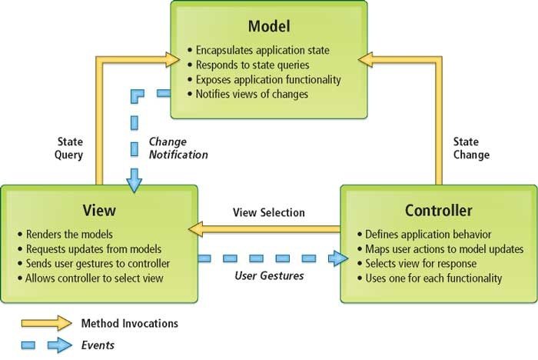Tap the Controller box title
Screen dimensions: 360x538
click(x=438, y=210)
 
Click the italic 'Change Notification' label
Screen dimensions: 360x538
click(x=178, y=148)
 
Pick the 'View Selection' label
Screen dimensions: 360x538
click(x=269, y=212)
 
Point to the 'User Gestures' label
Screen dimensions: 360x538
click(x=268, y=274)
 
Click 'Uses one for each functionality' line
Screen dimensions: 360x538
click(x=433, y=278)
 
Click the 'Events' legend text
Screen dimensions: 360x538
click(x=98, y=345)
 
